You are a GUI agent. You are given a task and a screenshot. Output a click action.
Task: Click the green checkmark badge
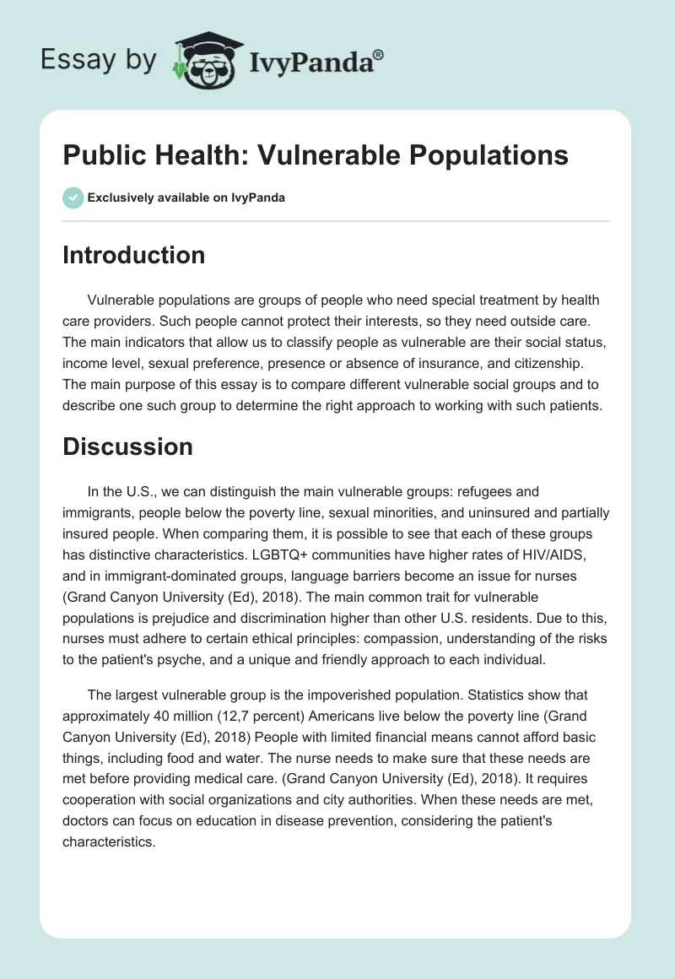pyautogui.click(x=73, y=197)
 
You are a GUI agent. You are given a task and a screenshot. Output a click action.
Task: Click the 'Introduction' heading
pyautogui.click(x=133, y=255)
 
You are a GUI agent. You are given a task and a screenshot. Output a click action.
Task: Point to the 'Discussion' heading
pyautogui.click(x=127, y=446)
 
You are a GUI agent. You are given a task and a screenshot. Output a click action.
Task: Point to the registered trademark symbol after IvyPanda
pyautogui.click(x=379, y=54)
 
